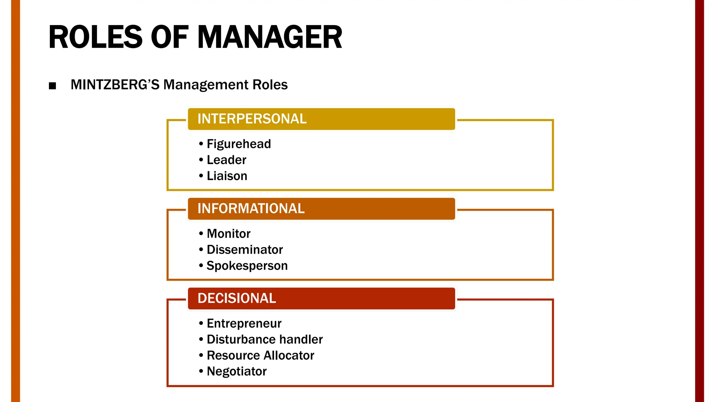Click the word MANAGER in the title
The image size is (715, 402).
270,37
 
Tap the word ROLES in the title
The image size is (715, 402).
95,37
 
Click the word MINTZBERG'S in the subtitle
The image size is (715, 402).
115,85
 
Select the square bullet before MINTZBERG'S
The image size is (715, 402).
52,86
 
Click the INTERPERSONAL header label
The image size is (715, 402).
252,119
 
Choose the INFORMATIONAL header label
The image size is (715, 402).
251,209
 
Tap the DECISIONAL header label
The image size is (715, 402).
237,298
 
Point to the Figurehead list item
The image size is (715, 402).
238,144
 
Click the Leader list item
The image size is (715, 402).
226,160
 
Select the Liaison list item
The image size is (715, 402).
227,176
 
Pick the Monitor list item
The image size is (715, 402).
228,233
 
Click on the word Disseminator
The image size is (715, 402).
244,250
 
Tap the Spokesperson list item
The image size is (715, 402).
247,266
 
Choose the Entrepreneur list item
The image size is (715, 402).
244,323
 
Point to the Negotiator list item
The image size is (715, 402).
236,371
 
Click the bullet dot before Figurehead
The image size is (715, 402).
201,144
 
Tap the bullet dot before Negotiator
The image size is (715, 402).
201,371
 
